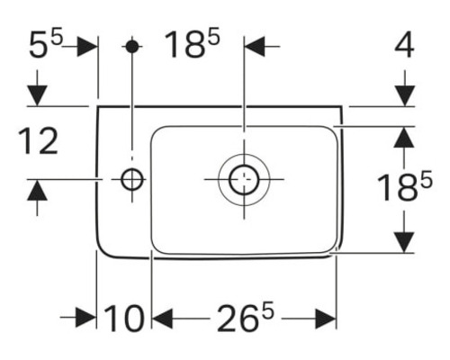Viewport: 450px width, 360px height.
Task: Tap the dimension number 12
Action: (x=37, y=141)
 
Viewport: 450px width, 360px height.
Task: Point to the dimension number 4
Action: (x=405, y=44)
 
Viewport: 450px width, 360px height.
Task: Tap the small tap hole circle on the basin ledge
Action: (x=132, y=180)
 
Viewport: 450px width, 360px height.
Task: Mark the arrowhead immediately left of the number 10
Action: (x=86, y=318)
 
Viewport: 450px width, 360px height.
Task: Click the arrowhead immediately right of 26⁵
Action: (x=326, y=318)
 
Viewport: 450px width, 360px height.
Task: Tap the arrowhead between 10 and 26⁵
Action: (x=162, y=318)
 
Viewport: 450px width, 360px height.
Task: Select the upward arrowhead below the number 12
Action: (x=37, y=191)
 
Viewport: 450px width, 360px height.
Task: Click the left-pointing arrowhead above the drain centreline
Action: (x=256, y=45)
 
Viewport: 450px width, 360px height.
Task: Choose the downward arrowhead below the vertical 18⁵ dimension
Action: (x=405, y=241)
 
